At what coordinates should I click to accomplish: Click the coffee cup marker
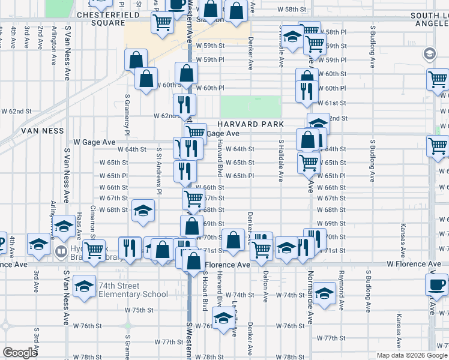pos(436,284)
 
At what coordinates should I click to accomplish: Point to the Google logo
pos(20,353)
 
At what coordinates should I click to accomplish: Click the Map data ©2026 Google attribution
pos(411,355)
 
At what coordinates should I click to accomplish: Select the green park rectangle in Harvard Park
pos(250,106)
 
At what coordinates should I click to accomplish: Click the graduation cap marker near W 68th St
pos(143,211)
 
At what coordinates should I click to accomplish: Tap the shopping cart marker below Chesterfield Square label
pos(162,23)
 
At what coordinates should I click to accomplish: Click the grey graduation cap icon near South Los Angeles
pos(430,55)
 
